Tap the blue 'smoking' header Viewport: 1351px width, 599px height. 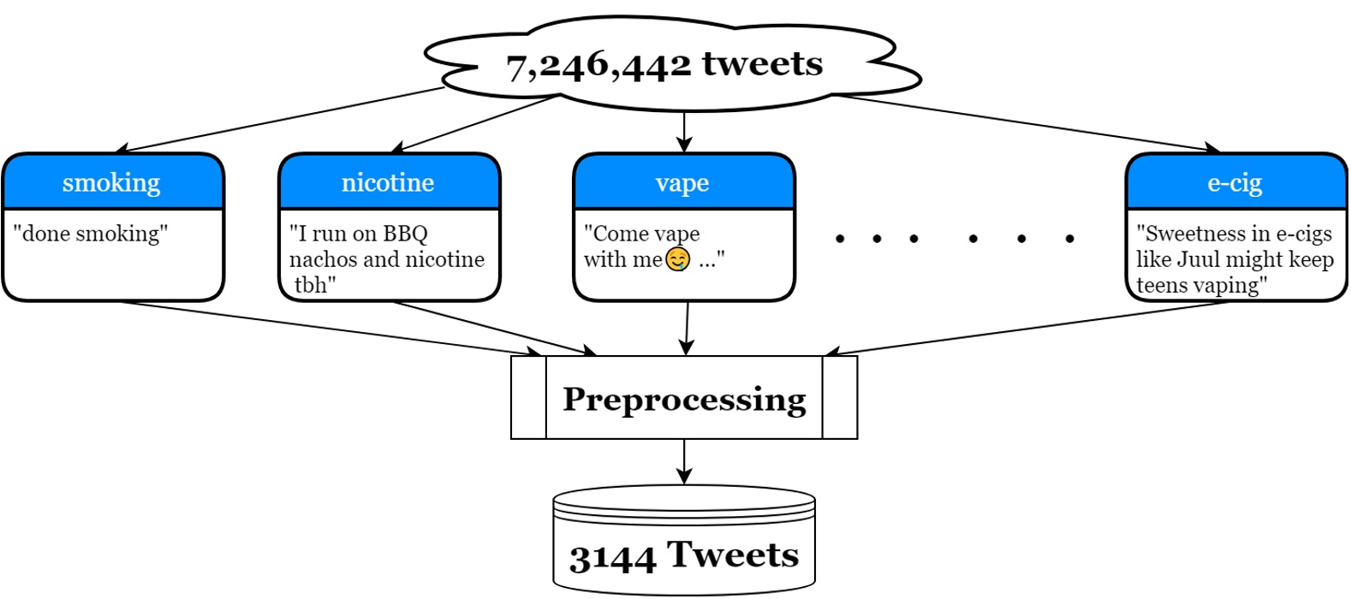click(x=113, y=181)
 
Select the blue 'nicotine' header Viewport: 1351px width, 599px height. click(x=389, y=181)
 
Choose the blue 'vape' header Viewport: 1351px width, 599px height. click(x=683, y=181)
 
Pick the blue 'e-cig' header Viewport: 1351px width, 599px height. click(x=1235, y=181)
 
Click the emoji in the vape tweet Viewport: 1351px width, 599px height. click(x=677, y=260)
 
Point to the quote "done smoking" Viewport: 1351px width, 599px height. click(x=91, y=234)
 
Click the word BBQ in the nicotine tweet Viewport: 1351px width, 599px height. click(x=405, y=234)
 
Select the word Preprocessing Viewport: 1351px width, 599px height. click(x=684, y=400)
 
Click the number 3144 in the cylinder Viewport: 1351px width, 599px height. click(x=613, y=558)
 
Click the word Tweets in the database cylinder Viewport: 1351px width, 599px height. click(x=732, y=555)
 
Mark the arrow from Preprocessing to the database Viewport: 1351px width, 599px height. click(x=684, y=461)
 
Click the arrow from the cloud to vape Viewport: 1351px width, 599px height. click(x=684, y=132)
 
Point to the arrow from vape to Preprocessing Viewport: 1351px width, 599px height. click(x=687, y=329)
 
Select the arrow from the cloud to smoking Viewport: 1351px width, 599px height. click(x=279, y=120)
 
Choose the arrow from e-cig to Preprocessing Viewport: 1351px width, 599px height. click(x=1026, y=329)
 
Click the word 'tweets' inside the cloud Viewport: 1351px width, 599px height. click(x=762, y=64)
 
